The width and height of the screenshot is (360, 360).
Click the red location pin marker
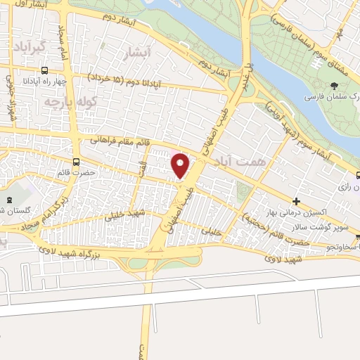coord(181,165)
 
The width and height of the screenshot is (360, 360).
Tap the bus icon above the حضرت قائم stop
coord(77,162)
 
